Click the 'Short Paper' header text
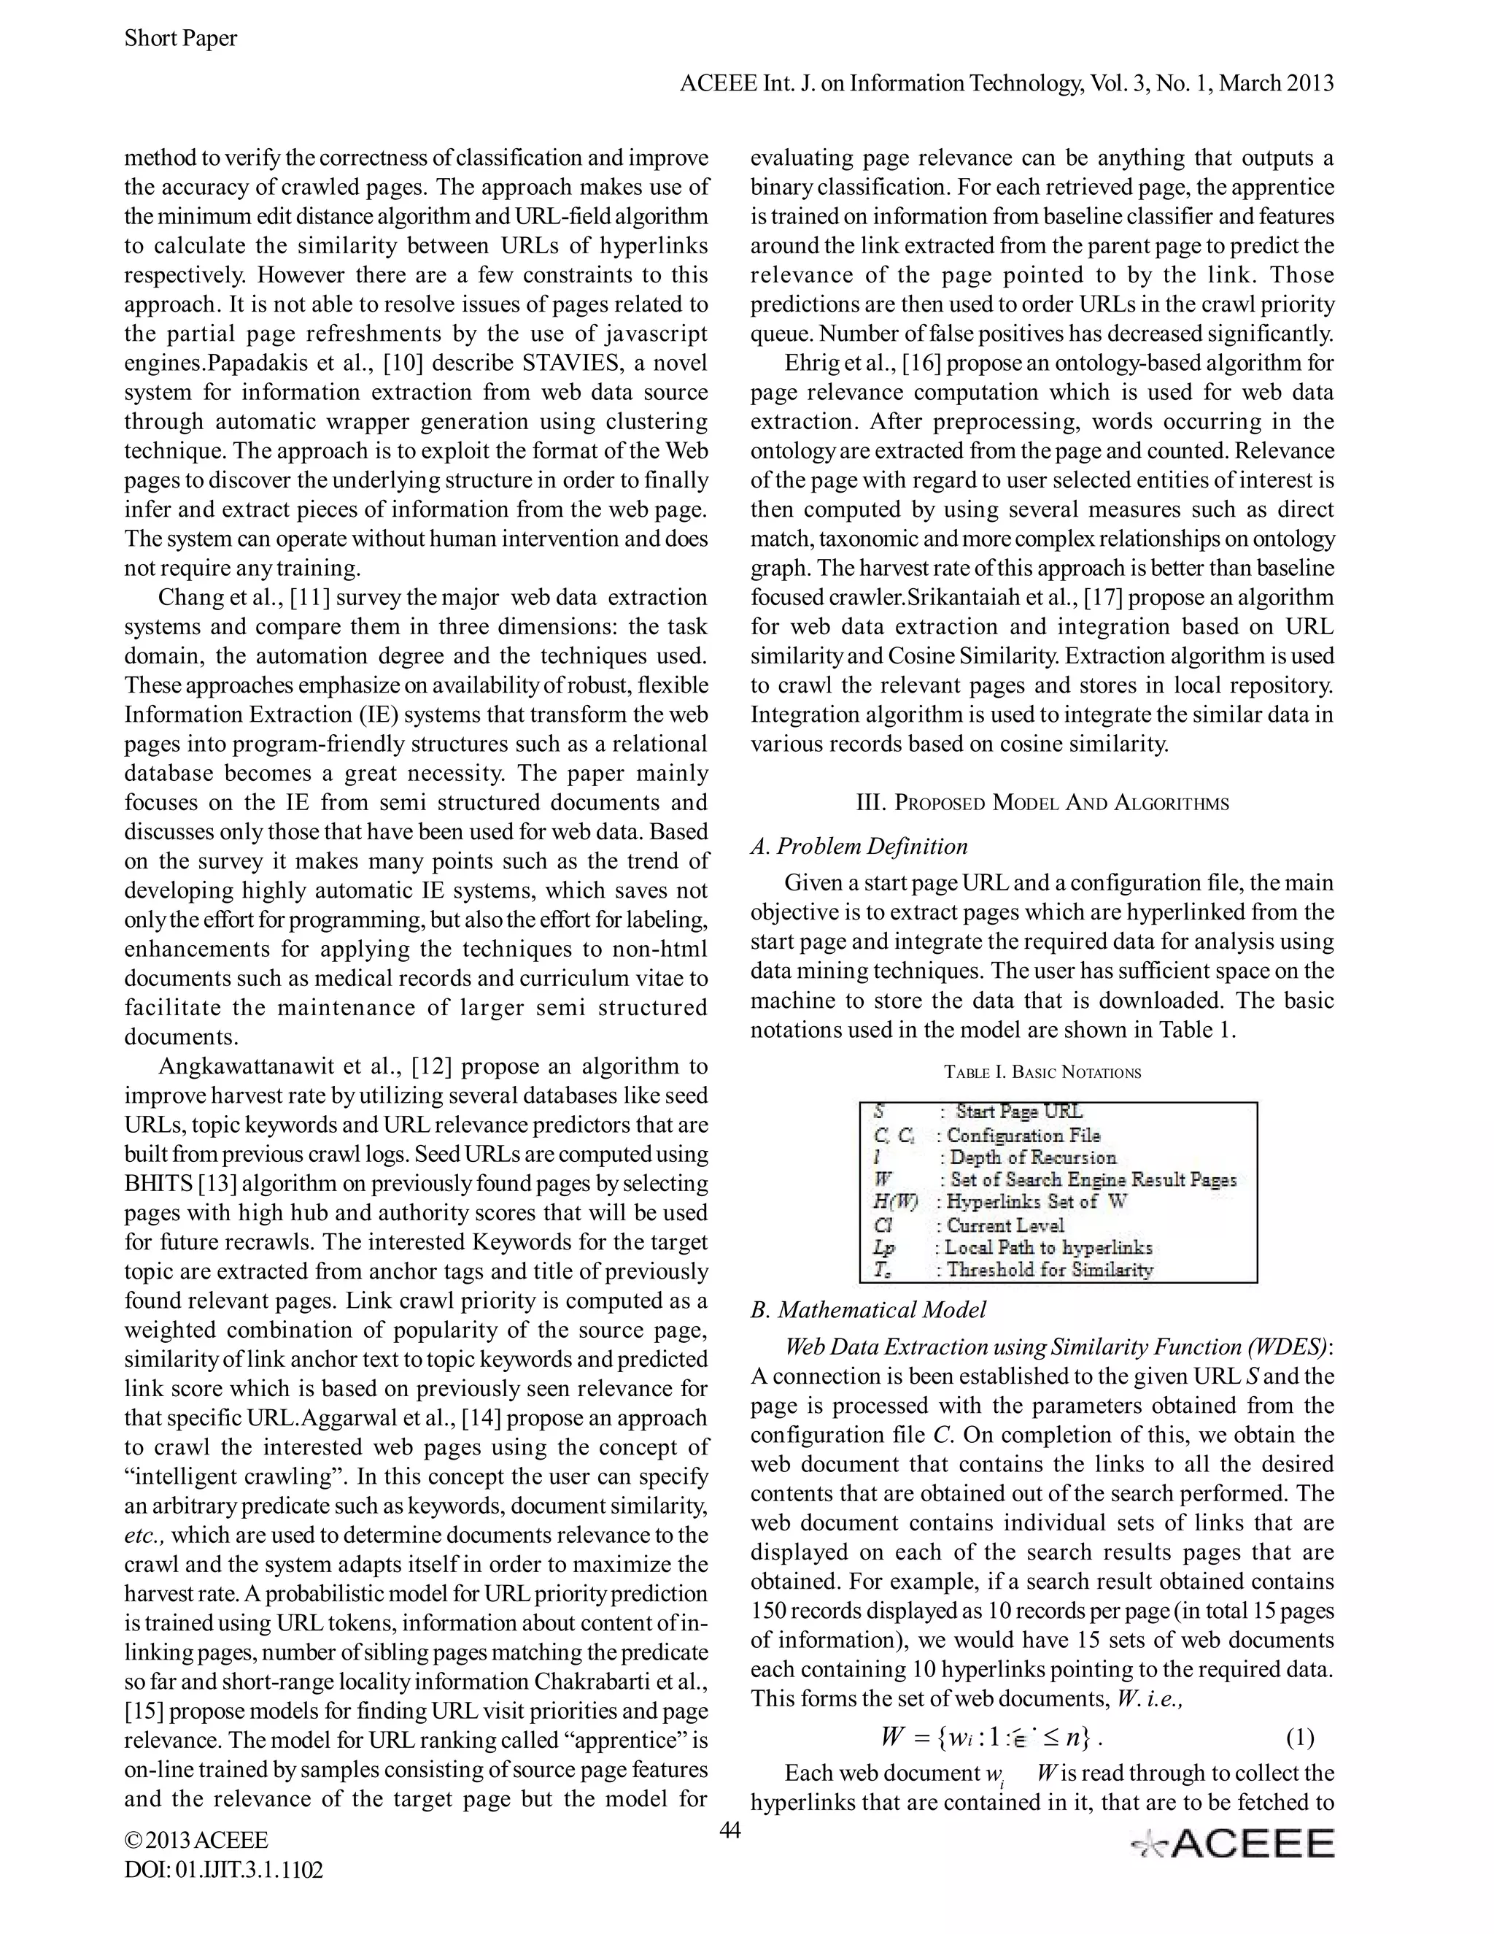pos(181,38)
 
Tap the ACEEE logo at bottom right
pos(1233,1844)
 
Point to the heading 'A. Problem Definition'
pos(859,846)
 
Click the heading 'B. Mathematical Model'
pos(867,1310)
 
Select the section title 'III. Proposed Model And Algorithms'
pos(1042,804)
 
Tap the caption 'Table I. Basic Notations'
pos(1042,1072)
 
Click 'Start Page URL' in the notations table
pos(1018,1112)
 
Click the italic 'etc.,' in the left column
pos(146,1535)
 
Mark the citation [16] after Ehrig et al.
pos(926,363)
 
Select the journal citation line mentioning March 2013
pos(1005,83)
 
